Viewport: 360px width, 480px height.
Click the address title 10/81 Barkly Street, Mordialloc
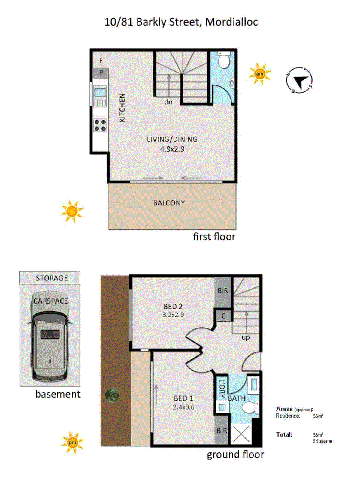181,22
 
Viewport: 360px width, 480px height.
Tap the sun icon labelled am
259,74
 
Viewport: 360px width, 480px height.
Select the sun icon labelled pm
72,442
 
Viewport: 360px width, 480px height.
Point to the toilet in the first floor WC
223,61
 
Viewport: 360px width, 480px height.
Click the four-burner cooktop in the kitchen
100,125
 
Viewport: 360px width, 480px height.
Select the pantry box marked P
101,73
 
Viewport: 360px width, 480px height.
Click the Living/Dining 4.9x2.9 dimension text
172,149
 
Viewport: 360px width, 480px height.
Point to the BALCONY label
169,203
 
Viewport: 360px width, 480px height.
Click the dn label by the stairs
168,102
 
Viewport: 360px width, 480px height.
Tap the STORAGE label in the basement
52,278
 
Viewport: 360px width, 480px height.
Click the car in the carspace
50,336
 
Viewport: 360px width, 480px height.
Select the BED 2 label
173,307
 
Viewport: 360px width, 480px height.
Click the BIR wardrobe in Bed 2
222,291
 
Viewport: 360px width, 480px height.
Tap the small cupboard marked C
223,316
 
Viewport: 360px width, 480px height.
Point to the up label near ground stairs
246,337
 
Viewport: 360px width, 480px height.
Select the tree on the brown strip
113,394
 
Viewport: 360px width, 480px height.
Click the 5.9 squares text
322,441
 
